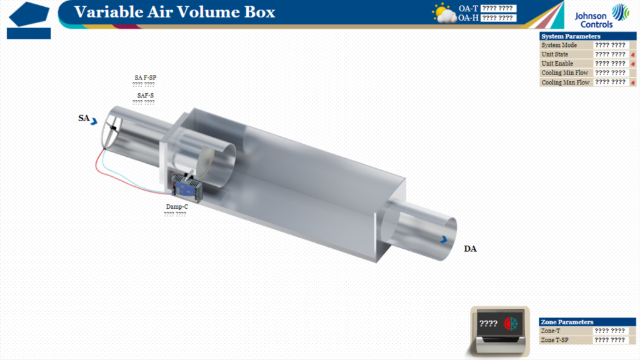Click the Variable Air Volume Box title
(x=174, y=12)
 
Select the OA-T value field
(x=498, y=8)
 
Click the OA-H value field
(x=498, y=18)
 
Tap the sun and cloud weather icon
(x=444, y=14)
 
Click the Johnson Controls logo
(x=602, y=16)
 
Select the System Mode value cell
(x=611, y=45)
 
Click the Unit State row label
(x=555, y=54)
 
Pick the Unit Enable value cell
(x=611, y=64)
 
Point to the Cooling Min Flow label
(x=565, y=72)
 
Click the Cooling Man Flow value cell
(x=611, y=82)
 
